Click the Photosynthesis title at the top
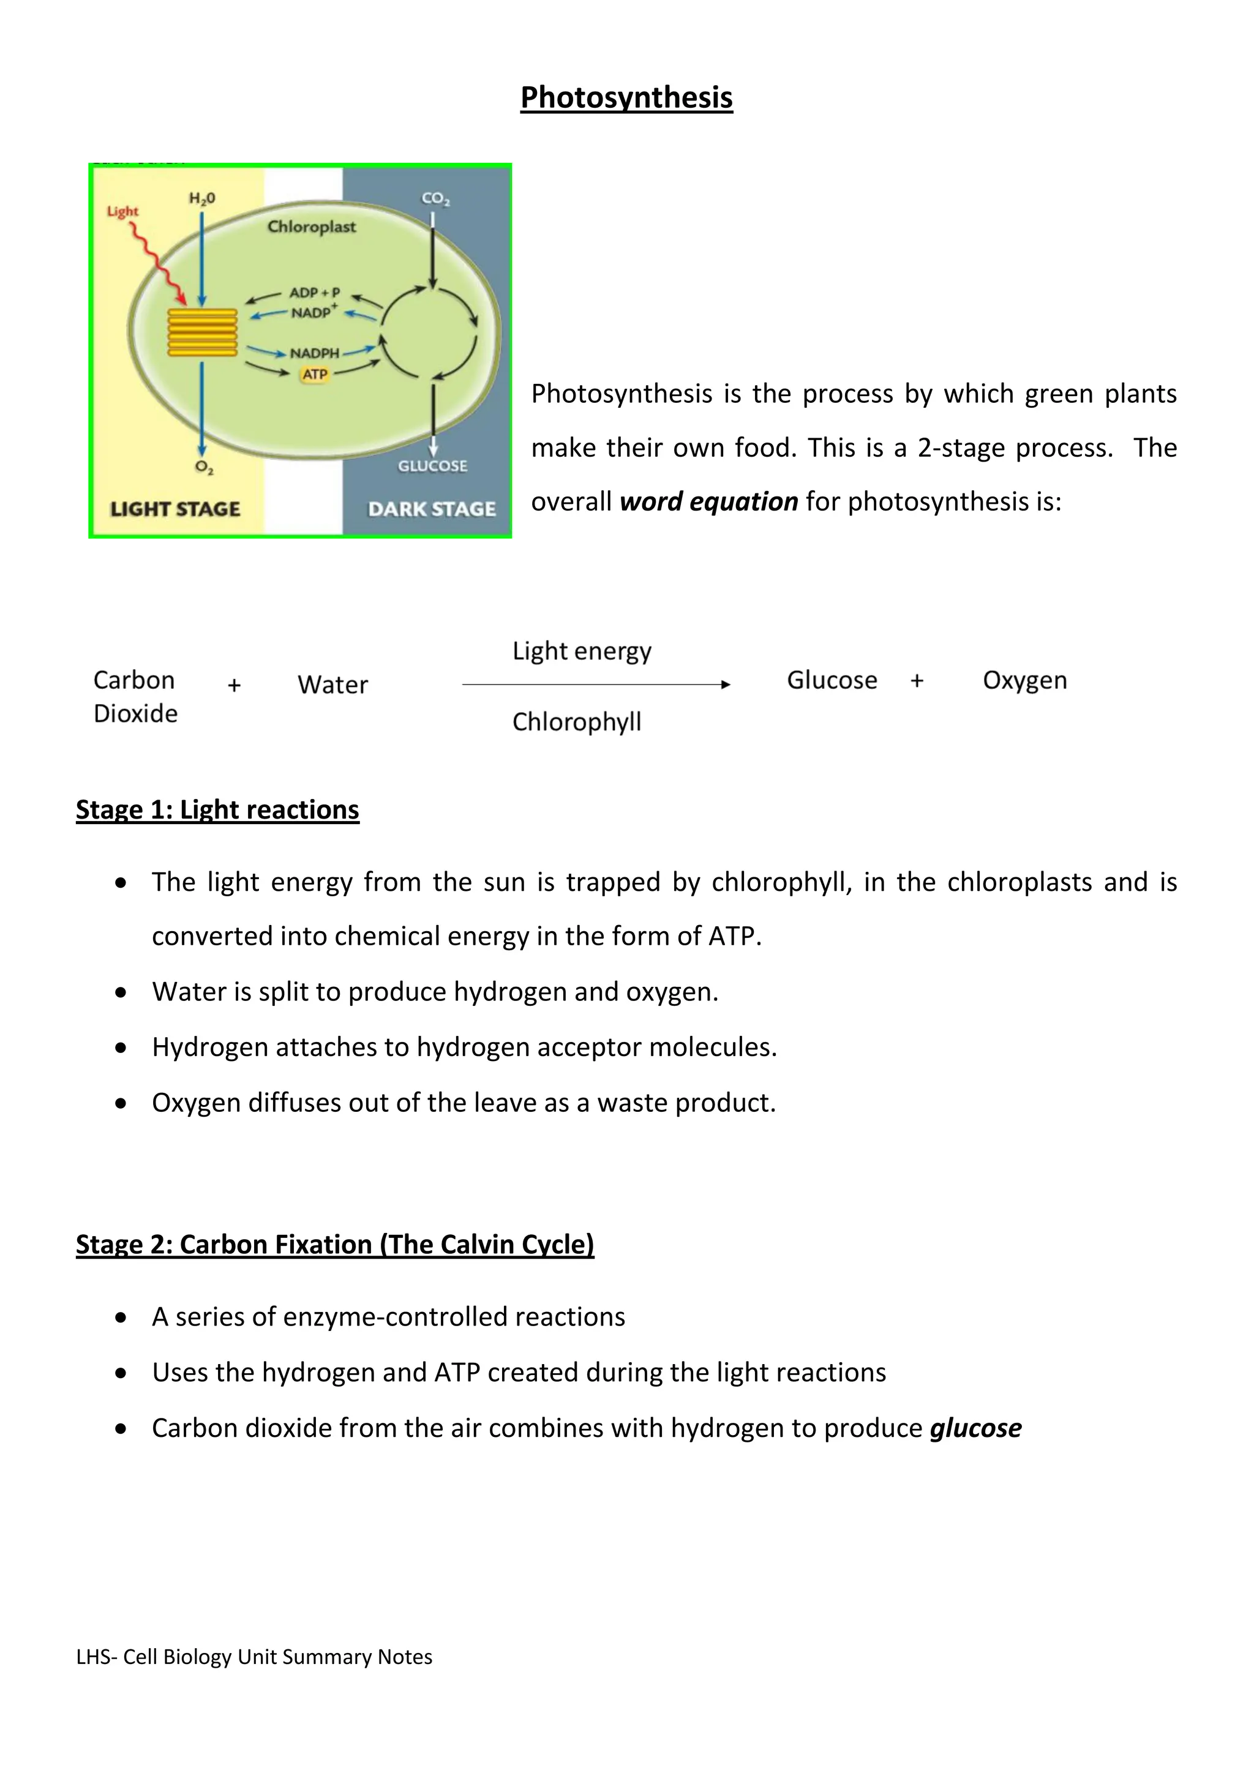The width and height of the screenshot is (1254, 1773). [x=626, y=98]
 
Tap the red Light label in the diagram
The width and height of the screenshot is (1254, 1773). [x=122, y=211]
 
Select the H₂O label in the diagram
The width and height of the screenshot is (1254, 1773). [x=202, y=198]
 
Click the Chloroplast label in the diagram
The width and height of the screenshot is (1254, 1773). [x=311, y=227]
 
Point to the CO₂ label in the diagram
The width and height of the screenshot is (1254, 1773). [x=435, y=198]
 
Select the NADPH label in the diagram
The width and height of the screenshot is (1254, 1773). [x=314, y=353]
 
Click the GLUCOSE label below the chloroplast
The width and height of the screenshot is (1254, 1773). [x=432, y=466]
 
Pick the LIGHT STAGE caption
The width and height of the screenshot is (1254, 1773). [x=175, y=509]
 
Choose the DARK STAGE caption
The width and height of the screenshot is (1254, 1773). [x=432, y=509]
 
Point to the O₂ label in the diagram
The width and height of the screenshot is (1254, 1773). [x=204, y=467]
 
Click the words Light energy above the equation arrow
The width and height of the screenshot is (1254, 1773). [x=582, y=651]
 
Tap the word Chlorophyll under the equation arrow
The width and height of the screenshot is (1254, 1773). [x=577, y=722]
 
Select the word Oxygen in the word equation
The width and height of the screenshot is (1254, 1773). [x=1024, y=680]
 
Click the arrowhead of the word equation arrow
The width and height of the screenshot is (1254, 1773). [x=725, y=684]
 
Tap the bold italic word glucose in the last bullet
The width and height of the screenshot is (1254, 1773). [x=975, y=1428]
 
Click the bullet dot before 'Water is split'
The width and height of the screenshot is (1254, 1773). [x=121, y=992]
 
